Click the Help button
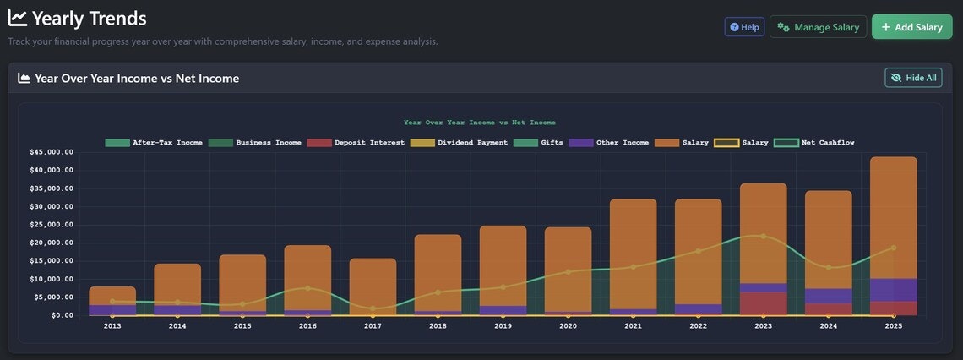click(744, 27)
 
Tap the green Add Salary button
click(911, 27)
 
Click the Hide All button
click(913, 78)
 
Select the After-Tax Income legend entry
click(154, 143)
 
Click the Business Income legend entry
click(255, 143)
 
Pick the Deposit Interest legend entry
click(356, 143)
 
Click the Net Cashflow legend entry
click(815, 143)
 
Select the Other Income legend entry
click(609, 143)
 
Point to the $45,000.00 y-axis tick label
click(51, 152)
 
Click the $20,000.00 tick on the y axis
click(51, 243)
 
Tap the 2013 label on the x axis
click(112, 325)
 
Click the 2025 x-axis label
click(893, 325)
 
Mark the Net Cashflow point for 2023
click(763, 237)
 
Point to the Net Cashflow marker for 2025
click(893, 248)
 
